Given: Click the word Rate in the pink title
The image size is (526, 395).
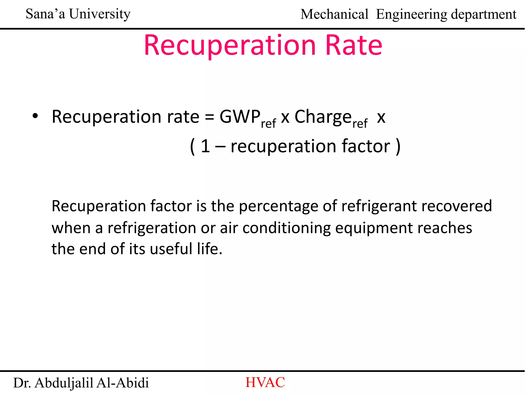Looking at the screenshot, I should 354,46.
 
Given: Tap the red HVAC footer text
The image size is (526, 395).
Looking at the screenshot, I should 265,382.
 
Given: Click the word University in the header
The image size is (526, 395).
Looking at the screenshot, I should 100,14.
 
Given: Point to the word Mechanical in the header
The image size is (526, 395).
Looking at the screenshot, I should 334,14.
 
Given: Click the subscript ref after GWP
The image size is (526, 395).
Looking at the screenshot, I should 268,124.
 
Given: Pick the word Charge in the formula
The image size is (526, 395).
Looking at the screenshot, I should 323,117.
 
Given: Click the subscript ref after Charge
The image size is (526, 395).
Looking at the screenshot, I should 360,124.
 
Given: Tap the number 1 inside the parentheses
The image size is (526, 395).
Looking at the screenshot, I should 205,146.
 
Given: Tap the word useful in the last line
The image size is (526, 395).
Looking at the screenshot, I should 171,249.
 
